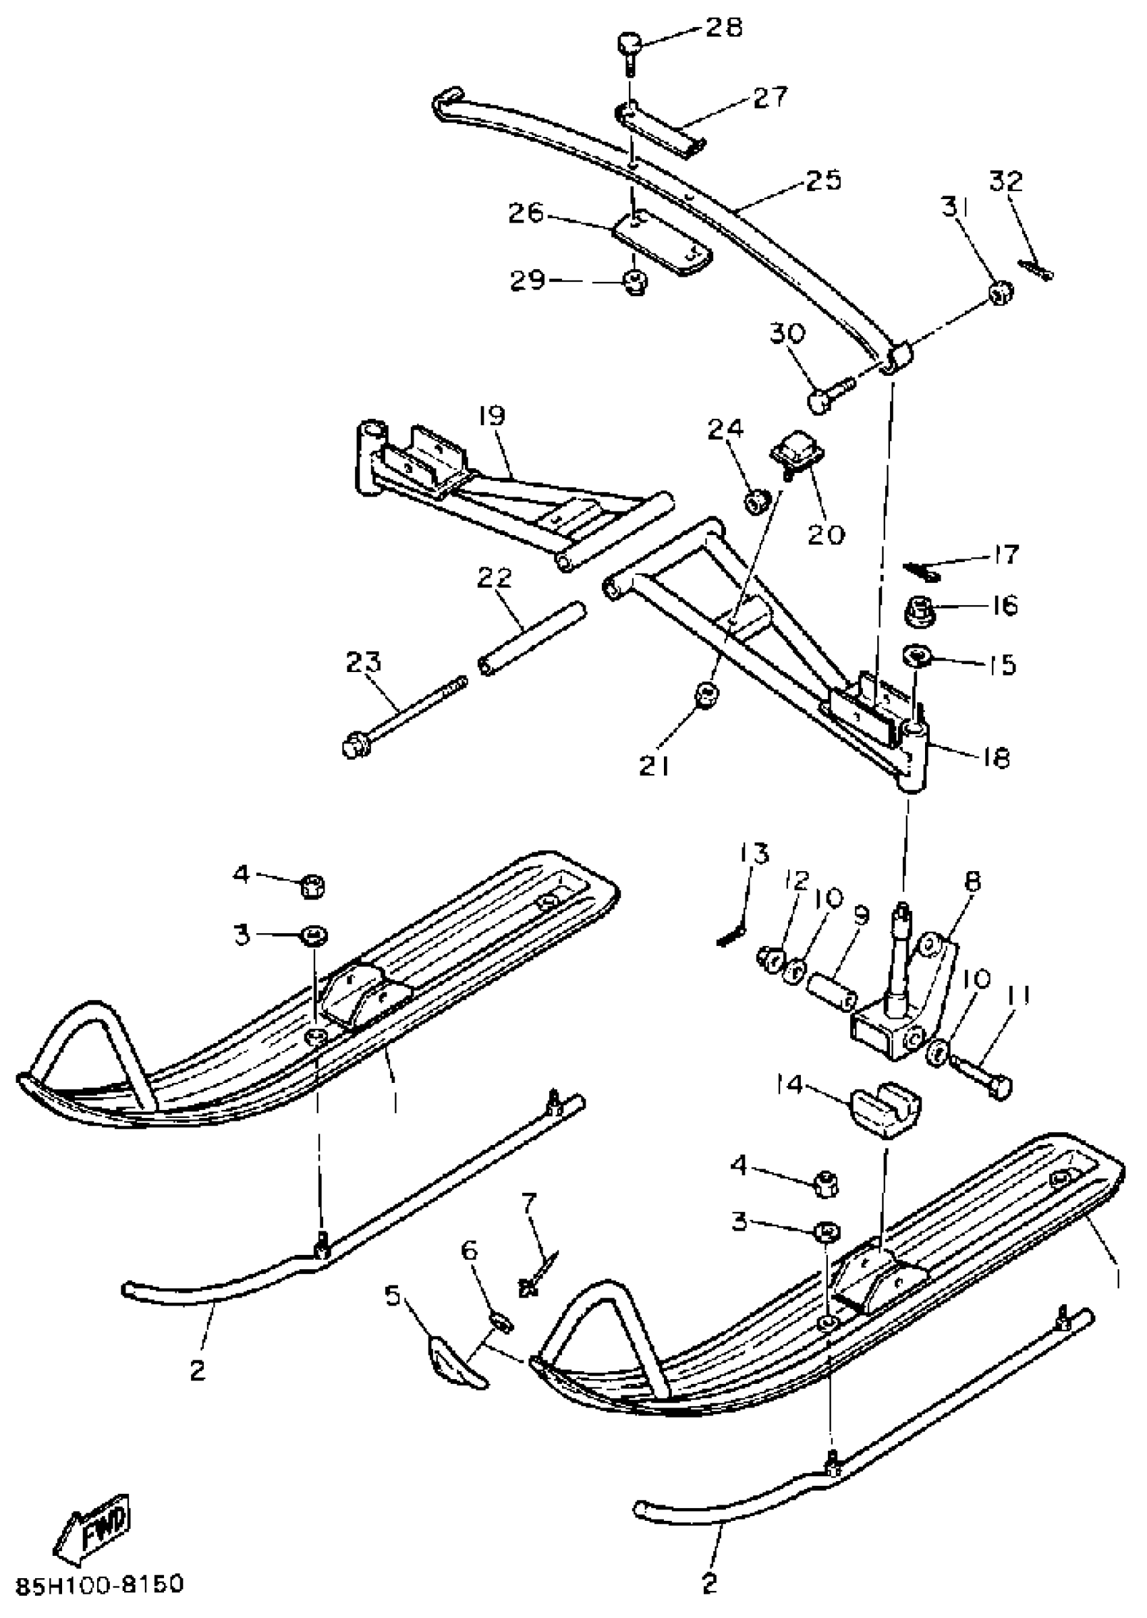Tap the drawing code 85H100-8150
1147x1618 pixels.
(99, 1584)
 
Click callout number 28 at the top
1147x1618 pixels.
(723, 28)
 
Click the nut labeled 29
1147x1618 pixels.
(636, 284)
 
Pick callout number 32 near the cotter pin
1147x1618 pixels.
(1006, 182)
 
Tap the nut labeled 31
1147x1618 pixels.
(1001, 291)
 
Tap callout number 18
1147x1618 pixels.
(995, 758)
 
